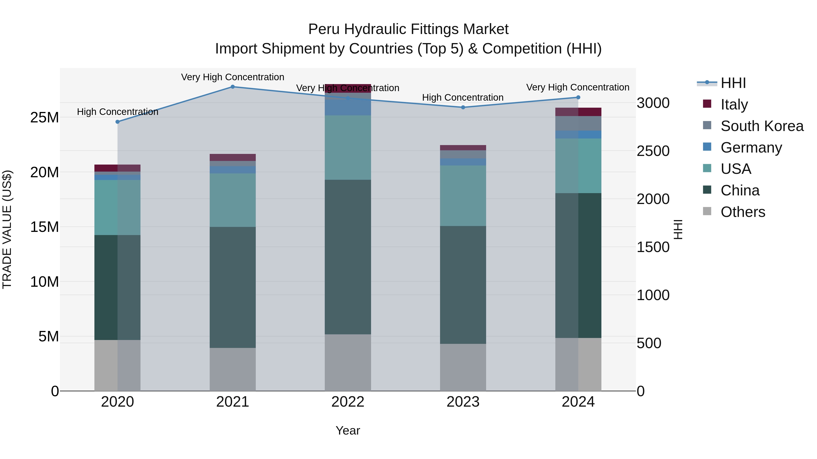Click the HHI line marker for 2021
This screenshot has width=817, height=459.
(232, 87)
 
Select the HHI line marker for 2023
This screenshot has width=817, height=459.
(463, 107)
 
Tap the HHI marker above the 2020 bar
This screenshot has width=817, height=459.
(117, 122)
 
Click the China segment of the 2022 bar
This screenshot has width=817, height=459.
(348, 257)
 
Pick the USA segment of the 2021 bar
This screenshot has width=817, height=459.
(232, 200)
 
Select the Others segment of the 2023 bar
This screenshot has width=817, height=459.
(463, 367)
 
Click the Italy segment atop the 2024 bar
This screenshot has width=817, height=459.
(578, 112)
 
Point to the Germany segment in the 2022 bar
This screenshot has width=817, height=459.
(348, 107)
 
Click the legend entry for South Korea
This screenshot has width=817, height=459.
(762, 126)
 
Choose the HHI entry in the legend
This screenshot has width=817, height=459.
(733, 83)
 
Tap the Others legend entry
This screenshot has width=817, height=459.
(743, 212)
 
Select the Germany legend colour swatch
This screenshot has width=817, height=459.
(707, 147)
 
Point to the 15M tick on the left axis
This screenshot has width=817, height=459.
(44, 227)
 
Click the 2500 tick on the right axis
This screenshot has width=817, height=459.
(653, 151)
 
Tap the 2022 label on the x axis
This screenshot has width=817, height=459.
(348, 402)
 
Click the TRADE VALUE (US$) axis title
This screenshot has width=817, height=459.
(7, 229)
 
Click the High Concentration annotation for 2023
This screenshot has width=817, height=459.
(463, 97)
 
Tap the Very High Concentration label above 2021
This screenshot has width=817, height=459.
(232, 77)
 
